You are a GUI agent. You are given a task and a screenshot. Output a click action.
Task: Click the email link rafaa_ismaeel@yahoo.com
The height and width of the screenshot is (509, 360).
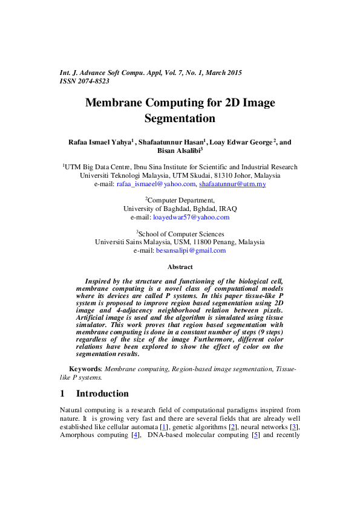click(x=156, y=184)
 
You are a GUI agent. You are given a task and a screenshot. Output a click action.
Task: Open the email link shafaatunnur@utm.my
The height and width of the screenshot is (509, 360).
click(x=232, y=184)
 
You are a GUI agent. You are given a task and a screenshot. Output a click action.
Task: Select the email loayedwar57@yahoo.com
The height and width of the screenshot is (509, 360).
click(x=191, y=217)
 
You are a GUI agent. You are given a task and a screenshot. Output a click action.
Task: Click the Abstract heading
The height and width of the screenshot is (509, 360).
click(x=180, y=267)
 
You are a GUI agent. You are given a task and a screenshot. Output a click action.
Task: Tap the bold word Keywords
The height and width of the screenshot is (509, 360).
click(x=83, y=368)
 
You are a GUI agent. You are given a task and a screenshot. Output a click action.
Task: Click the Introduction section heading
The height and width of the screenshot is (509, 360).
click(x=102, y=394)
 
